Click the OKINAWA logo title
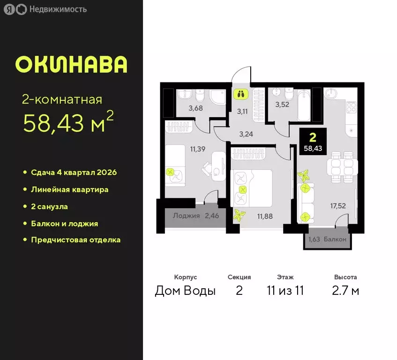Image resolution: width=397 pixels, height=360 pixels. (x=71, y=64)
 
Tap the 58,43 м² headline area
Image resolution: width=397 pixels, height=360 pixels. (x=68, y=124)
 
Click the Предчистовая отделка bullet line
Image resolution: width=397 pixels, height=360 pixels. (x=75, y=240)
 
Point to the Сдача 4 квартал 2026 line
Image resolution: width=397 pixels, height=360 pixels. (x=74, y=172)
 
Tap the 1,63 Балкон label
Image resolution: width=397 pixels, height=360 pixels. (x=327, y=240)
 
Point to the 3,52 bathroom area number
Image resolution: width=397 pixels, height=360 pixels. (x=283, y=105)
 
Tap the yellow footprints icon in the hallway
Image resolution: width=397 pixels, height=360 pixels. (x=240, y=94)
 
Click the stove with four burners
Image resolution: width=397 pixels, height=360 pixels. (x=351, y=109)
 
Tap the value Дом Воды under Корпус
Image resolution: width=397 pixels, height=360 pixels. (x=185, y=291)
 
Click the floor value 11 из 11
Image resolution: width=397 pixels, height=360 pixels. (x=285, y=291)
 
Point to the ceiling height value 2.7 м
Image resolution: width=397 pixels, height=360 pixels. (x=345, y=291)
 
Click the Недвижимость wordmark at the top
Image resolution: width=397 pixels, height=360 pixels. (x=57, y=9)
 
